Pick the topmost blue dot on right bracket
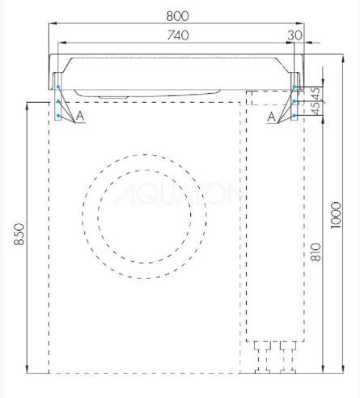click(295, 87)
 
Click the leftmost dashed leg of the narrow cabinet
click(260, 356)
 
